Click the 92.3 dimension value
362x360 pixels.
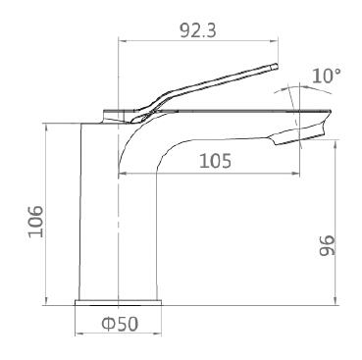pyautogui.click(x=198, y=30)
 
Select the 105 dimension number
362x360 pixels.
pyautogui.click(x=215, y=161)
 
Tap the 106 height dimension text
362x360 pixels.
pyautogui.click(x=36, y=222)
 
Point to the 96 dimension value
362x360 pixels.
pyautogui.click(x=327, y=245)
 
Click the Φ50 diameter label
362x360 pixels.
pyautogui.click(x=120, y=324)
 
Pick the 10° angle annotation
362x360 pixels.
pyautogui.click(x=327, y=77)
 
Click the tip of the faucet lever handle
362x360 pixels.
pyautogui.click(x=277, y=66)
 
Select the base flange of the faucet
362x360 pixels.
pyautogui.click(x=119, y=303)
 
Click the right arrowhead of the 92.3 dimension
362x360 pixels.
pyautogui.click(x=276, y=41)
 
